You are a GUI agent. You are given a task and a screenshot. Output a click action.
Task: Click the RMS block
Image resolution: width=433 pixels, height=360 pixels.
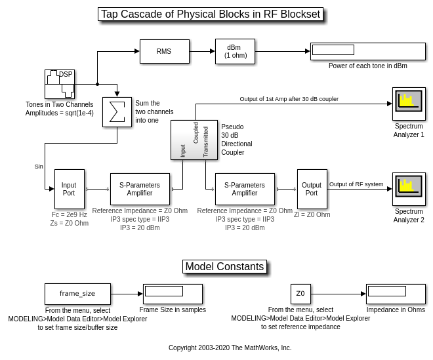pyautogui.click(x=164, y=51)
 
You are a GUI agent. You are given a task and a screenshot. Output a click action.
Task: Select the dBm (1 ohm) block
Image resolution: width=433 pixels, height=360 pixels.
pyautogui.click(x=235, y=51)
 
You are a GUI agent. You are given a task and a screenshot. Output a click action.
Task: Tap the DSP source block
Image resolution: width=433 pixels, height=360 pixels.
pyautogui.click(x=59, y=84)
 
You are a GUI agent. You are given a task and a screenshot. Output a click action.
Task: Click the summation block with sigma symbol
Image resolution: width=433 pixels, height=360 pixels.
pyautogui.click(x=117, y=112)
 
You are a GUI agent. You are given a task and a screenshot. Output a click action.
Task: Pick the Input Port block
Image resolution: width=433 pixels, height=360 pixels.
pyautogui.click(x=69, y=189)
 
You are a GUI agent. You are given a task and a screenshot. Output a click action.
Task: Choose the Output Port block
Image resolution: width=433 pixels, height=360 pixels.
pyautogui.click(x=312, y=189)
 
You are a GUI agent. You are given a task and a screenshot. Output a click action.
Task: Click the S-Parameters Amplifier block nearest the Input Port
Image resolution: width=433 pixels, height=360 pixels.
pyautogui.click(x=140, y=189)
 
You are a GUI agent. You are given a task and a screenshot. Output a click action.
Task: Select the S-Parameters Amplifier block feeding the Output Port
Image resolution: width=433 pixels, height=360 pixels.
pyautogui.click(x=245, y=189)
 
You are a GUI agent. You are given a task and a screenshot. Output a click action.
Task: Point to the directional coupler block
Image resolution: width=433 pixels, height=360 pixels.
pyautogui.click(x=194, y=140)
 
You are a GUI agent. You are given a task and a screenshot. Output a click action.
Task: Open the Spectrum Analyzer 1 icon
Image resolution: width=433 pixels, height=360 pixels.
pyautogui.click(x=409, y=104)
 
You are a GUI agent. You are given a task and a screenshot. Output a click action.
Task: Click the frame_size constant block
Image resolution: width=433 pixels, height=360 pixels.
pyautogui.click(x=77, y=294)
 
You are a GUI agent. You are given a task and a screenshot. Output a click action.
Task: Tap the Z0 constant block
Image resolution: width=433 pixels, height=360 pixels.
pyautogui.click(x=300, y=294)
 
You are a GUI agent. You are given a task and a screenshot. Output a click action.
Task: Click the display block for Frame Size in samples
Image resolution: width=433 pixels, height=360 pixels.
pyautogui.click(x=173, y=294)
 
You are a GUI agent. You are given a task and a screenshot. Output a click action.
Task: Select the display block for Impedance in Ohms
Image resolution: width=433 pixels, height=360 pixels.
pyautogui.click(x=396, y=294)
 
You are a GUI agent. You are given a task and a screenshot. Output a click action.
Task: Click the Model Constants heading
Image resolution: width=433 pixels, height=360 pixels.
pyautogui.click(x=224, y=266)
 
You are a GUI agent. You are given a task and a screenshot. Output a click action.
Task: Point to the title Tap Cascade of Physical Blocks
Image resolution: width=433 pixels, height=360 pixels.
pyautogui.click(x=211, y=14)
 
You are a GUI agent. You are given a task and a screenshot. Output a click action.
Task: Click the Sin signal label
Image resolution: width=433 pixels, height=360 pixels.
pyautogui.click(x=39, y=167)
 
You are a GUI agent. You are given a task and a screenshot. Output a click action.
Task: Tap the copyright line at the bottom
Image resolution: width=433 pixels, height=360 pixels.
pyautogui.click(x=230, y=348)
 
